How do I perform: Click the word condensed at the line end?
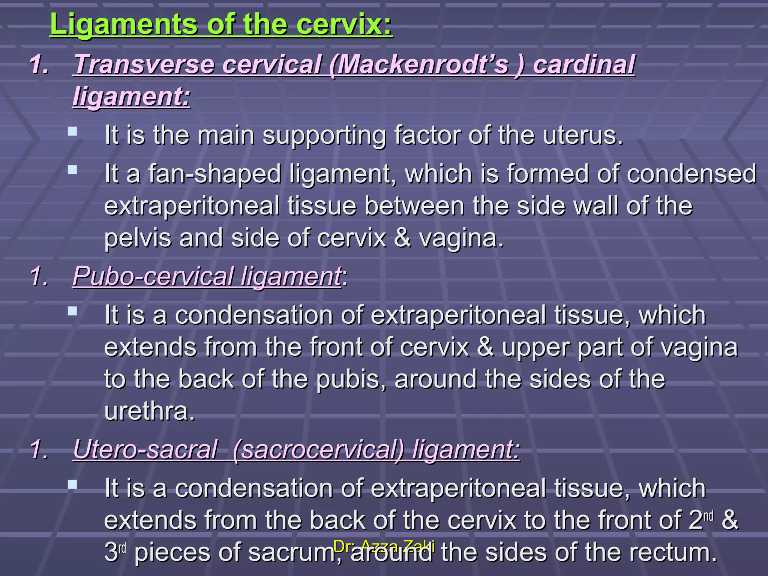[691, 174]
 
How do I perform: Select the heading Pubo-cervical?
[153, 277]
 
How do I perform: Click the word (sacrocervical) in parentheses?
[318, 449]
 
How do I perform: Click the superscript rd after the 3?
[123, 548]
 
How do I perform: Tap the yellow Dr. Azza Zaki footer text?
[384, 546]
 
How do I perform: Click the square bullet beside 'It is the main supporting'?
[72, 131]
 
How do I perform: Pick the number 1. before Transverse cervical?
[39, 64]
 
